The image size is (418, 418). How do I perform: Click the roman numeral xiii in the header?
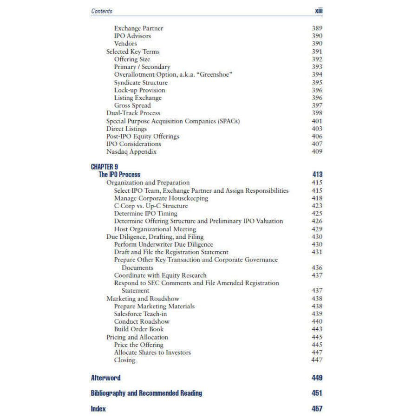point(319,11)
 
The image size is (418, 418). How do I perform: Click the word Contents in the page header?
point(102,11)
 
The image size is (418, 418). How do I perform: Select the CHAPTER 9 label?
point(104,167)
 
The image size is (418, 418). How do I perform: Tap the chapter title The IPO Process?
point(119,175)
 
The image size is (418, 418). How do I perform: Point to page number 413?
point(317,175)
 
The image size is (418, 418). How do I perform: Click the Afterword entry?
point(105,378)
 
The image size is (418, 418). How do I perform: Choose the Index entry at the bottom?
point(98,409)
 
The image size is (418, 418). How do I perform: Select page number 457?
point(317,409)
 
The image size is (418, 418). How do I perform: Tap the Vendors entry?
point(125,44)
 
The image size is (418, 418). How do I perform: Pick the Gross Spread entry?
point(132,105)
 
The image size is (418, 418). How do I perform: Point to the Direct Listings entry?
point(126,129)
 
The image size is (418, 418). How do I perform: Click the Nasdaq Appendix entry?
point(131,152)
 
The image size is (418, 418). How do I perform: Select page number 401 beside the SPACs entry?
point(317,121)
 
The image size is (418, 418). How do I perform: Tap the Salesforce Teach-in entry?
point(137,314)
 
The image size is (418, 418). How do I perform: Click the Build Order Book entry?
point(139,329)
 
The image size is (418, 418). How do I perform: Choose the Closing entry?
point(125,360)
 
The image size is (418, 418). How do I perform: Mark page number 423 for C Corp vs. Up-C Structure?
point(317,206)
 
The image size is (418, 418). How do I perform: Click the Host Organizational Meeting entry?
point(155,229)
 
